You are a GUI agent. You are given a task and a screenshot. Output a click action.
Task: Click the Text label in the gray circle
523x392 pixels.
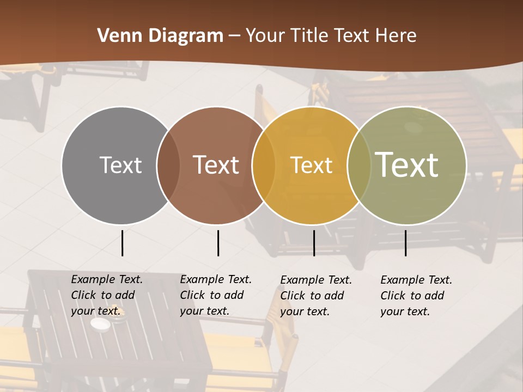[120, 165]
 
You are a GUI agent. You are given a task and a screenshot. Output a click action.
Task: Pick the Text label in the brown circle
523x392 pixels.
[216, 165]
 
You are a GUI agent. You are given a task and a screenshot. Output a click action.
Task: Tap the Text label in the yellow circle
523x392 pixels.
[311, 165]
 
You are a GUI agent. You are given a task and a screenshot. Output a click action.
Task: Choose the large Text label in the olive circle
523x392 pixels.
[406, 164]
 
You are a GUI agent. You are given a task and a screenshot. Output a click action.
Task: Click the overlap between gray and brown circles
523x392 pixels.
[168, 166]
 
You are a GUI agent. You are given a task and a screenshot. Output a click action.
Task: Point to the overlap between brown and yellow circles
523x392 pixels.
[264, 166]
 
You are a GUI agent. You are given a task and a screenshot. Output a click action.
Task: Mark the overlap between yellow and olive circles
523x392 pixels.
[359, 166]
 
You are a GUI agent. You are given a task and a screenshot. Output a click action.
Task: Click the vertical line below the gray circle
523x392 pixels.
[123, 243]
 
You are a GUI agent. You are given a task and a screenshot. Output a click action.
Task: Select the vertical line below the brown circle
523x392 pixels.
[218, 243]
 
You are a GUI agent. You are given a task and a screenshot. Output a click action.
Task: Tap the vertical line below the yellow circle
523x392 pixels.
[314, 243]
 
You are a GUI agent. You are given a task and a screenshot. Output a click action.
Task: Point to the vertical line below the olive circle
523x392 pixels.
[406, 243]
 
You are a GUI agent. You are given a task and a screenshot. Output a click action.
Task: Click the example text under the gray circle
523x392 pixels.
[107, 295]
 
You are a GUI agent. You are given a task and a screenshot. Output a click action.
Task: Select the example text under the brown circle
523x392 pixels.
[216, 295]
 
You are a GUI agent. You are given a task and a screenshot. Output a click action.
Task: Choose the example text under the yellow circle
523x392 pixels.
[316, 296]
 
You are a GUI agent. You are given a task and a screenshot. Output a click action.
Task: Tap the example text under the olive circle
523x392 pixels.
[416, 296]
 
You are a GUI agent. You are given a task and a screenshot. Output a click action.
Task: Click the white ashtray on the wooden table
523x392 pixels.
[100, 324]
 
